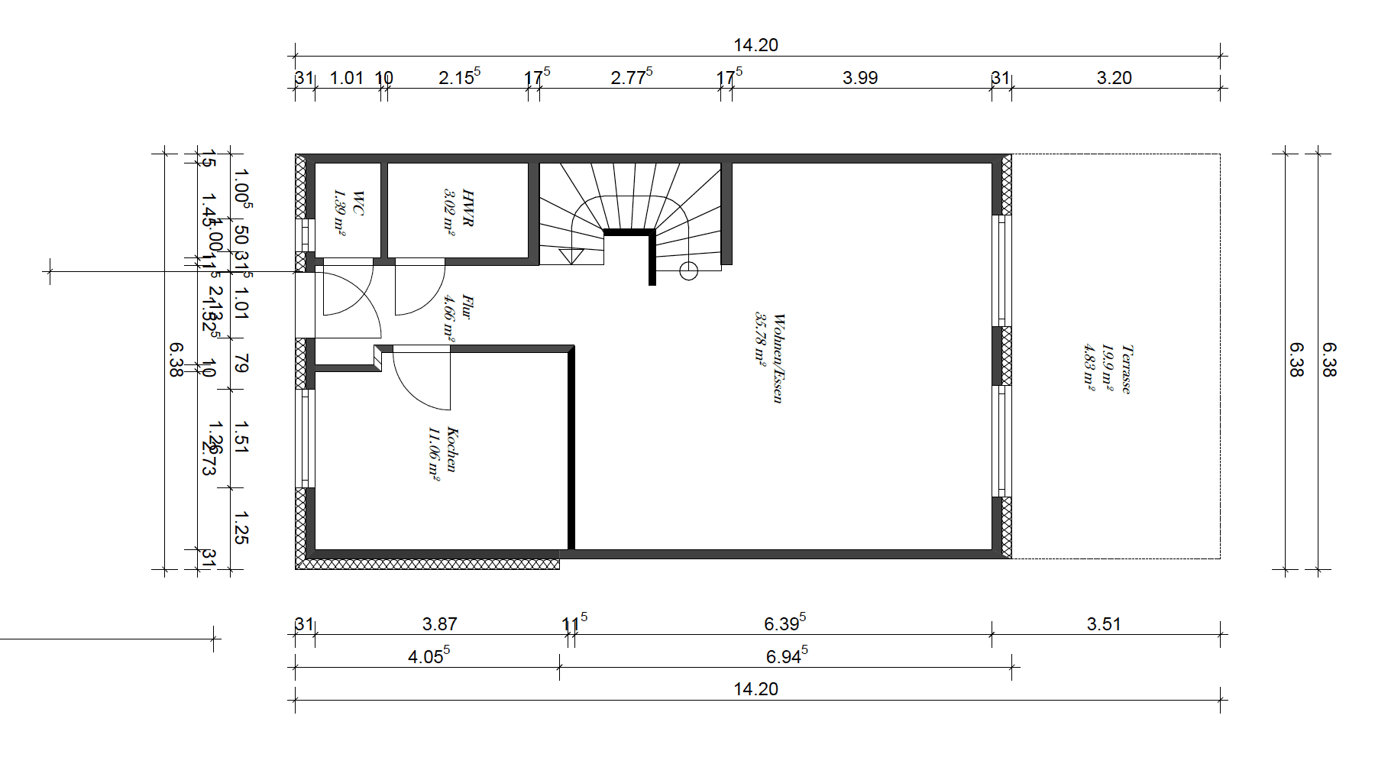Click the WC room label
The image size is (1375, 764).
point(358,204)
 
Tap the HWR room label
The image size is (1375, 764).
point(468,209)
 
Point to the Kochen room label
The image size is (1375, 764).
point(452,450)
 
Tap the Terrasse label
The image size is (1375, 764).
point(1127,369)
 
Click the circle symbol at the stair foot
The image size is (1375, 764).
point(688,271)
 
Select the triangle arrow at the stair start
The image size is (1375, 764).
point(571,256)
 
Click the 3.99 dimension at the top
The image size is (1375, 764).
point(860,78)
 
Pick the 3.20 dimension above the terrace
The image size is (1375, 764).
point(1114,78)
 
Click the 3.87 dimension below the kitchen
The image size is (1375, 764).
point(439,624)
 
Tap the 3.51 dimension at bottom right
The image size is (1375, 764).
point(1104,624)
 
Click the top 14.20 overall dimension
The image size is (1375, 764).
point(755,45)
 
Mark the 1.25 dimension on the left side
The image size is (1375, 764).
point(241,528)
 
